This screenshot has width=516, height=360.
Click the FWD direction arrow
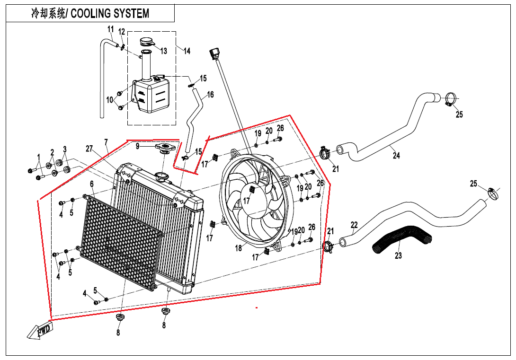(39, 330)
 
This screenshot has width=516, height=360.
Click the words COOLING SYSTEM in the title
(110, 14)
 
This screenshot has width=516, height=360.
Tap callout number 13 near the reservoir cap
(163, 51)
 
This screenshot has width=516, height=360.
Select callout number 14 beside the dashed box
(187, 51)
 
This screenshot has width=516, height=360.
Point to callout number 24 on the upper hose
(396, 155)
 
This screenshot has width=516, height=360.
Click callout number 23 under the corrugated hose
(398, 256)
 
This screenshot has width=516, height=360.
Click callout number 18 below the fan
(238, 248)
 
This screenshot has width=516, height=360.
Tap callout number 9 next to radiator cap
(138, 146)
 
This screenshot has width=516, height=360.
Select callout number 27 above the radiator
(89, 149)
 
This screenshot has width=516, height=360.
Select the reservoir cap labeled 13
(147, 43)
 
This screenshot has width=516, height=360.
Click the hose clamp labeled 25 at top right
(451, 99)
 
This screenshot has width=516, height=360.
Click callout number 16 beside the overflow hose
(210, 95)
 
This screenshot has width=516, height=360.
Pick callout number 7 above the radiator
(106, 142)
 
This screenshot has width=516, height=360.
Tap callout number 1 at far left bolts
(39, 157)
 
